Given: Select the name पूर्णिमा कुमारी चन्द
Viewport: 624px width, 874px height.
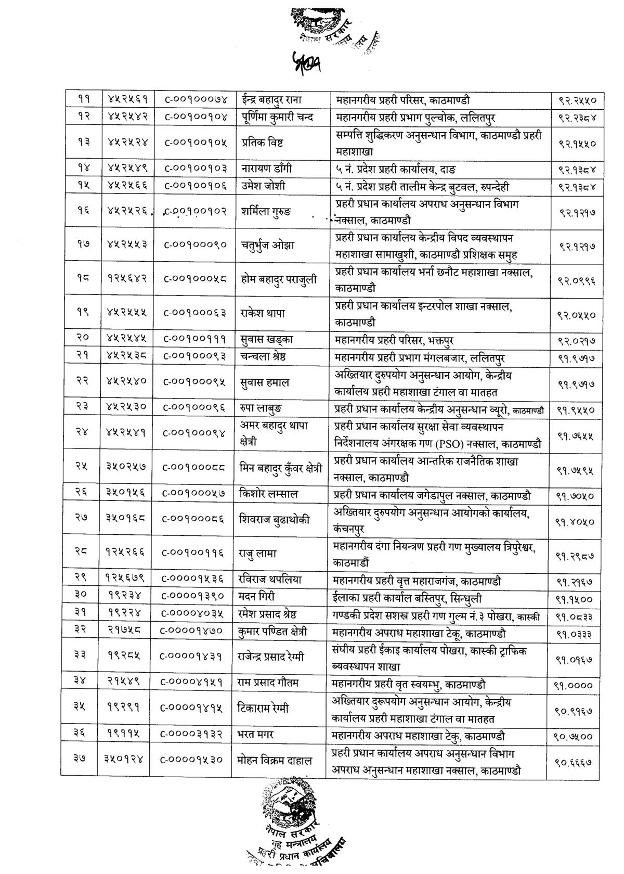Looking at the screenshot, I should (279, 117).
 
